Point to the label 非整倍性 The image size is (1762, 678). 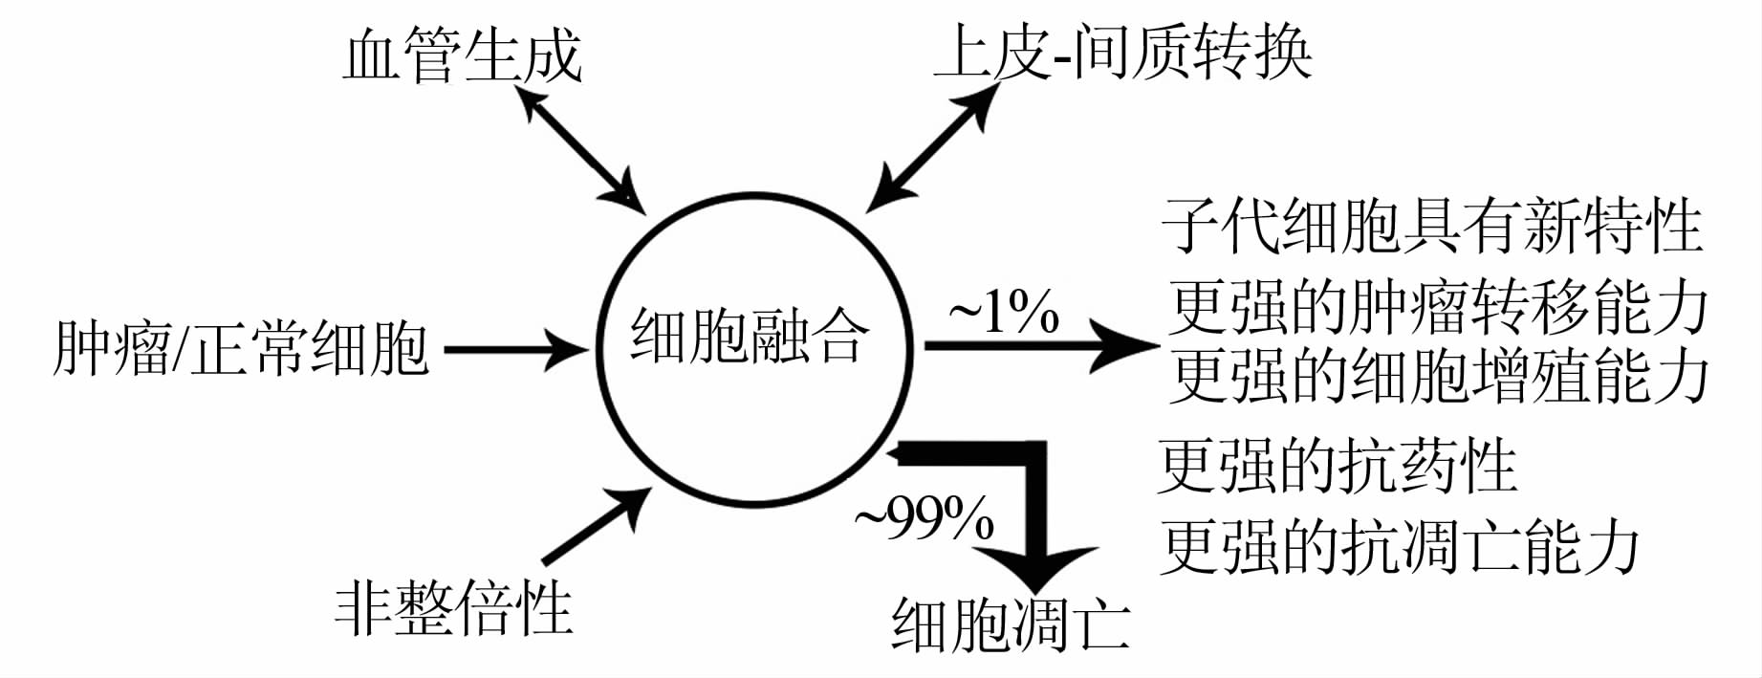coord(453,608)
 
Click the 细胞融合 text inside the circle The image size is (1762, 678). coord(749,337)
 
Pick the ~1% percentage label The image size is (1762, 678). coord(1003,313)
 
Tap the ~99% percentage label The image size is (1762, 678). coord(924,519)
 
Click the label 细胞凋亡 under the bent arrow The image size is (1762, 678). coord(1010,624)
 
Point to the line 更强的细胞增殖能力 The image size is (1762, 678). coord(1437,376)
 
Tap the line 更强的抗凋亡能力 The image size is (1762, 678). coord(1399,547)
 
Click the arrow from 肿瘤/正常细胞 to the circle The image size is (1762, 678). coord(516,349)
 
